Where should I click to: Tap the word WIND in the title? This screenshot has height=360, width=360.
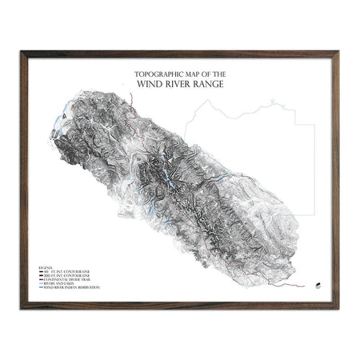coord(153,81)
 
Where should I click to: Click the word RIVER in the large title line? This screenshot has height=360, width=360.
coord(178,81)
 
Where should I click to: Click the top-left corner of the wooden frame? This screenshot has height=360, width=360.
coord(22,53)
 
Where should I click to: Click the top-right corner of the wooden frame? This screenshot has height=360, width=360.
coord(338,53)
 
